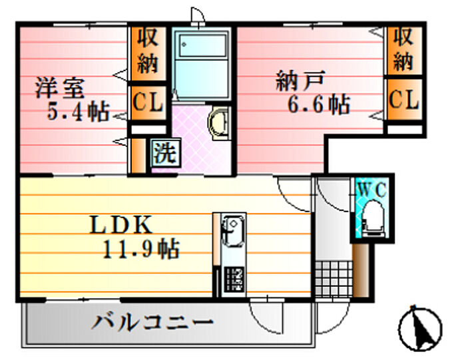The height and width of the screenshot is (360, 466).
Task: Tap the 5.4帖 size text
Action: coord(78,111)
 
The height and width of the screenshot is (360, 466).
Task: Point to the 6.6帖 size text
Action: coord(319,104)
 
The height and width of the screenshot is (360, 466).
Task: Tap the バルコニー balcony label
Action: coord(153,324)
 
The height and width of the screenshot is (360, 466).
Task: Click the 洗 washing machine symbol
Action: coord(164,153)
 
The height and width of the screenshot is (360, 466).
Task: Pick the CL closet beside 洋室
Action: coord(147,102)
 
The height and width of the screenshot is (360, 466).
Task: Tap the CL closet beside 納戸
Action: coord(404,100)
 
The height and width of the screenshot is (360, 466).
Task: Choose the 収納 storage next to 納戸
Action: coord(403,48)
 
